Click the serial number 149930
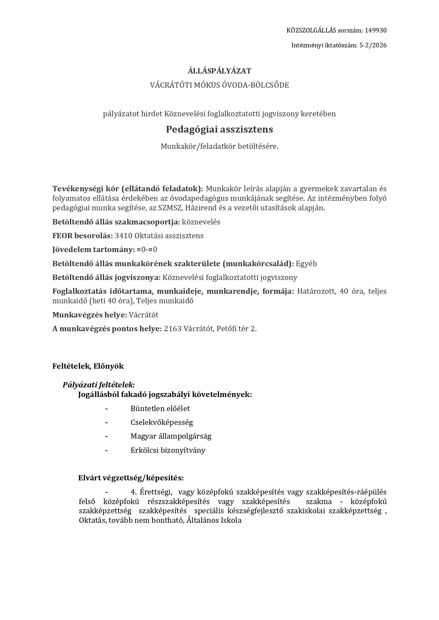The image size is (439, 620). click(376, 30)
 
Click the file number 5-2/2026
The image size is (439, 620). click(373, 45)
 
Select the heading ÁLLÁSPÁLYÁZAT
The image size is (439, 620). click(219, 71)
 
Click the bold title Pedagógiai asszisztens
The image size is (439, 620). click(219, 129)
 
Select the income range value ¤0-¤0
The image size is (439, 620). click(147, 250)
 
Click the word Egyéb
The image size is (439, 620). click(306, 264)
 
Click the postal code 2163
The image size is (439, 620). click(173, 329)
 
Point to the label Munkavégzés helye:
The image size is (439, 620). click(89, 315)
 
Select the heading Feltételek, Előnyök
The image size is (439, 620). click(88, 366)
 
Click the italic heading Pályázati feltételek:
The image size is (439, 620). click(99, 385)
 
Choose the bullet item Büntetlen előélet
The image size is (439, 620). click(160, 409)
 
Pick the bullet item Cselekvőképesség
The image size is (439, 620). click(162, 422)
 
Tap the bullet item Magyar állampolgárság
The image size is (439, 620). click(171, 436)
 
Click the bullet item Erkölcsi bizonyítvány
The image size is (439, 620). click(168, 450)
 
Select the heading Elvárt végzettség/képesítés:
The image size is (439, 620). click(131, 478)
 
